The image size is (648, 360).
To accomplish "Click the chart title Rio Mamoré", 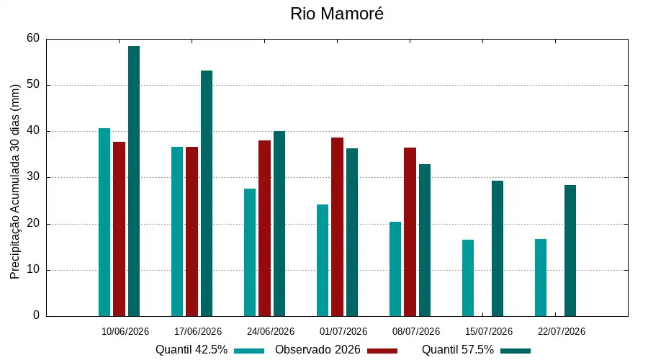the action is (337, 14).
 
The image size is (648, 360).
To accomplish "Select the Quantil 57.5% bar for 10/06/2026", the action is (134, 181).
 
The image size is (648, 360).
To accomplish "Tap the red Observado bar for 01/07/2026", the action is (337, 227).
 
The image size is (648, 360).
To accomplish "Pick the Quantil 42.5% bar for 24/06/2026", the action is (250, 253).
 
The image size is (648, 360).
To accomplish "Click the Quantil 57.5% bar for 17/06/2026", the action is (207, 194).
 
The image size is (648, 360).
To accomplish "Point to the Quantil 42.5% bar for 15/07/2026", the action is (468, 278).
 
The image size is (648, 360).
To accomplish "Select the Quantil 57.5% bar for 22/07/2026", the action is (570, 251).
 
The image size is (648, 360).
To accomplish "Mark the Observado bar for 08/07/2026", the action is (410, 232).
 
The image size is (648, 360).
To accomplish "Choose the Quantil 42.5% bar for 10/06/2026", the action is (104, 222).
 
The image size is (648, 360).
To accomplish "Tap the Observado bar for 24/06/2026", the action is (264, 228).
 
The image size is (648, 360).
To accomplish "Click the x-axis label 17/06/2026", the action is (198, 331).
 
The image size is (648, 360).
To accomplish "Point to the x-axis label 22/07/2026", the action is (562, 331).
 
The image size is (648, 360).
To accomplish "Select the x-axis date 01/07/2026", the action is (343, 331).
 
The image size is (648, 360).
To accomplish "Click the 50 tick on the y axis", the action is (33, 85).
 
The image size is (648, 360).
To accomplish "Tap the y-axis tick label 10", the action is (33, 269).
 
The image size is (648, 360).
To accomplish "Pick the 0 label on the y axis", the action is (37, 315).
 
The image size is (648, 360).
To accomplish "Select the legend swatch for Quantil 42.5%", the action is (249, 351).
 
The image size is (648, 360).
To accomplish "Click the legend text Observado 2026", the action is (318, 350).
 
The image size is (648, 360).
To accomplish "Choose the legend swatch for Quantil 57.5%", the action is (516, 351).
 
